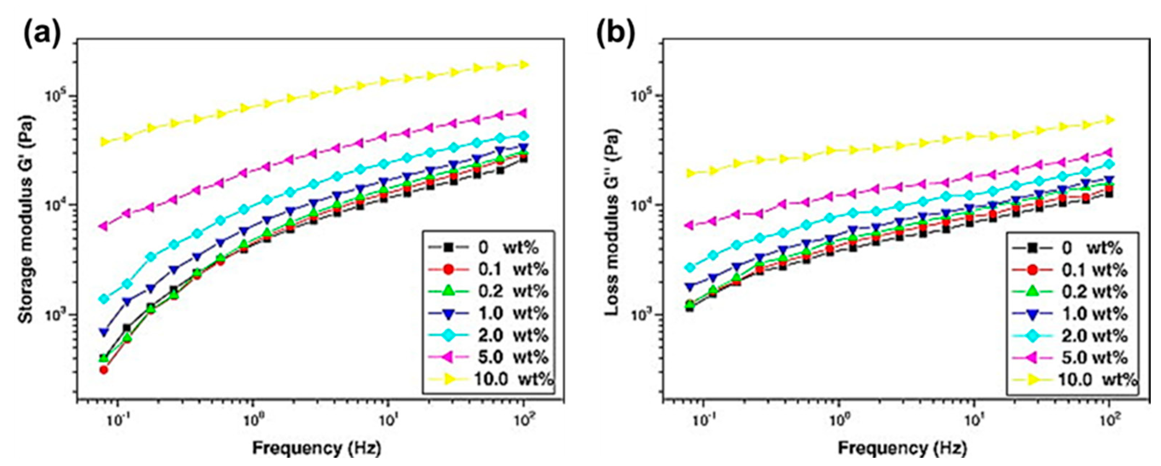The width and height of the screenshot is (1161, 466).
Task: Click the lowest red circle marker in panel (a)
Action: [104, 370]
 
